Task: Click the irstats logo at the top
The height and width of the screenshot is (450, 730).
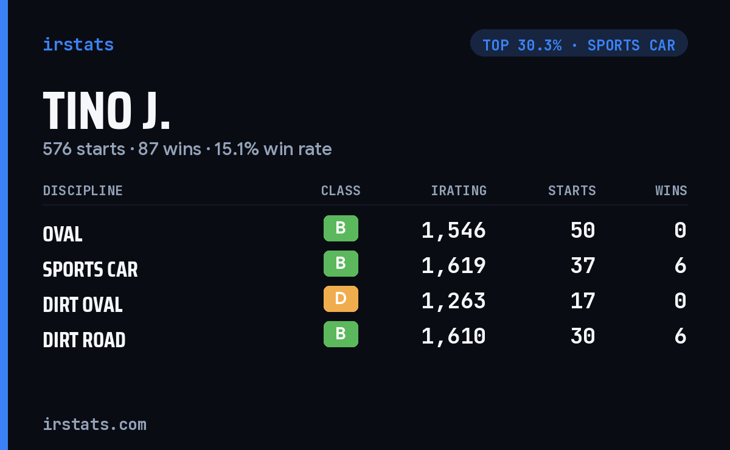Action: click(78, 44)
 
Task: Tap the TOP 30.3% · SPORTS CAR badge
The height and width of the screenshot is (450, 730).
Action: click(579, 43)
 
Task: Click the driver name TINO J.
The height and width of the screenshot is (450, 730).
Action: click(106, 111)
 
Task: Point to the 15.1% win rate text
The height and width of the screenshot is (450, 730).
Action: click(273, 149)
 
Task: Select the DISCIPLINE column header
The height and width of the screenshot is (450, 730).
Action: click(83, 190)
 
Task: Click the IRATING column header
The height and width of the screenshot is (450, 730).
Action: click(459, 190)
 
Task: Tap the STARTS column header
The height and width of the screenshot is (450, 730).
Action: click(572, 190)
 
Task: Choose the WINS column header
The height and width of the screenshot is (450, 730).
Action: click(672, 190)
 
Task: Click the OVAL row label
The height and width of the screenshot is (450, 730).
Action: click(63, 234)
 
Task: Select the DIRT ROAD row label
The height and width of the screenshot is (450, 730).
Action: click(84, 340)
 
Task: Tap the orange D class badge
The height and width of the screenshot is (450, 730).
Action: click(341, 299)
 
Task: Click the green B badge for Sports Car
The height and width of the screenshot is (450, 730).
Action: click(341, 263)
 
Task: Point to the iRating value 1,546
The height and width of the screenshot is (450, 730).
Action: click(454, 230)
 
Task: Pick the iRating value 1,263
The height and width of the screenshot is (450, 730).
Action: click(454, 301)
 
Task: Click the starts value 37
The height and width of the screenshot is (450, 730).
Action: click(583, 266)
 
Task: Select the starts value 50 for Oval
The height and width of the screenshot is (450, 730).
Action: click(583, 230)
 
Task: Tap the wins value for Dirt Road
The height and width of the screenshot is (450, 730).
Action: click(681, 336)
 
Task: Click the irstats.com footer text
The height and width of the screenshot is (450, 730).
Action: click(95, 424)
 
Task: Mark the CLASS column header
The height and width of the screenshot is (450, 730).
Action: click(341, 190)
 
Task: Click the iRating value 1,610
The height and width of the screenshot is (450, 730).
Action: click(454, 336)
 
